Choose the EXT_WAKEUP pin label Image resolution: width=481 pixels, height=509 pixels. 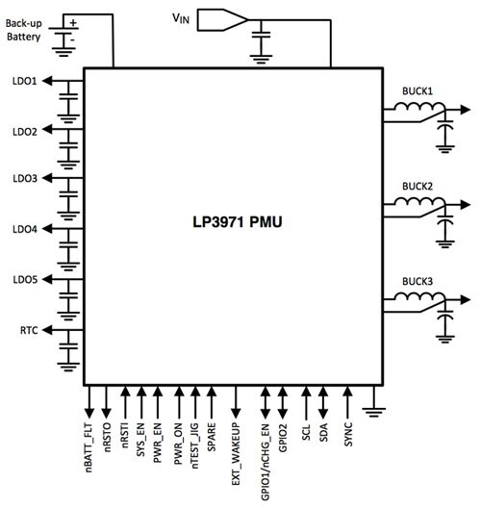point(237,451)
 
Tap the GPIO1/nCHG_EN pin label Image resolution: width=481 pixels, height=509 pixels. point(266,458)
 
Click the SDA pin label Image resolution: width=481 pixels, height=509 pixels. point(324,432)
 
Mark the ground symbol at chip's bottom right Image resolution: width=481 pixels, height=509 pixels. point(376,412)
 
